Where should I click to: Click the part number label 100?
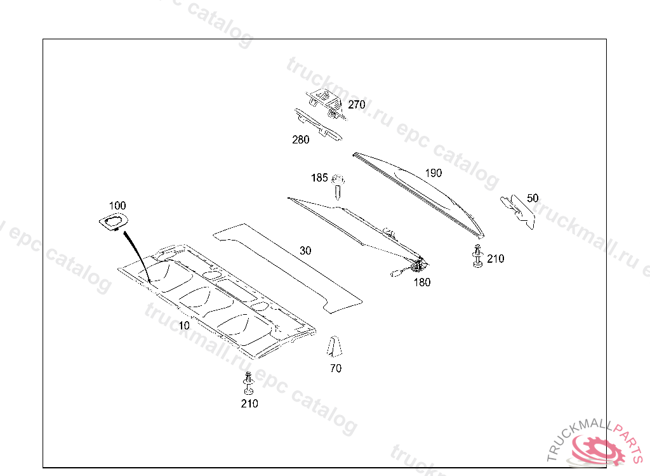pos(117,206)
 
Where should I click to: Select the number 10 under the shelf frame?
pos(184,326)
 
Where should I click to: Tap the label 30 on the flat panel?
pos(305,251)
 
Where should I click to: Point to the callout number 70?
pos(336,368)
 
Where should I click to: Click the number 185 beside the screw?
pos(319,178)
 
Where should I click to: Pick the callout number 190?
pos(434,173)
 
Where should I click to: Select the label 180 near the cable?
pos(421,282)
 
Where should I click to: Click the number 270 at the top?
pos(356,105)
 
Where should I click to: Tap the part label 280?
pos(301,140)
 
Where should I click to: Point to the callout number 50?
pos(533,198)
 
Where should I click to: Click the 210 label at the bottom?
pos(249,403)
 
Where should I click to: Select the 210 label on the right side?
pos(495,258)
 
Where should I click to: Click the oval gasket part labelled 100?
pos(113,221)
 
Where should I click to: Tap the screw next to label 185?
pos(338,188)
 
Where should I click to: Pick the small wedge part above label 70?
pos(335,348)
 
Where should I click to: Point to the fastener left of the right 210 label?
pos(477,256)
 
